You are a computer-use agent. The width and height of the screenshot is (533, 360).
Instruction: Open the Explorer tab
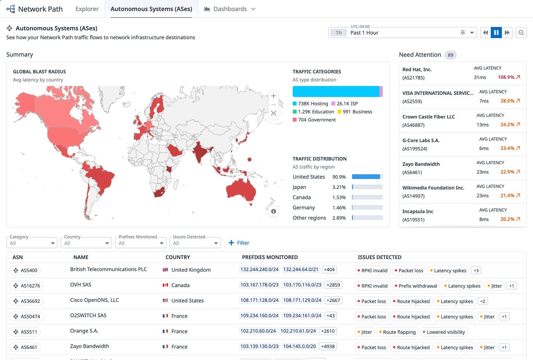pos(87,9)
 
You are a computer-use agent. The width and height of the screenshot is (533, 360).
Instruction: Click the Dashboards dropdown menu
pos(230,9)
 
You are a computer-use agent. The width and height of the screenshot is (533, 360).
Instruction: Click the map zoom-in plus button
pos(273,96)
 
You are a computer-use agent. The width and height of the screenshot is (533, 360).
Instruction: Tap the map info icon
pos(273,211)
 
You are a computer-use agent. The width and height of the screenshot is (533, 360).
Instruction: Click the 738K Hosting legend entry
pos(310,104)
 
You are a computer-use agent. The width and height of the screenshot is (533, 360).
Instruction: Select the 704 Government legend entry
pos(314,120)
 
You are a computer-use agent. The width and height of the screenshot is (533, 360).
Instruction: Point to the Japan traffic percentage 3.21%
pos(339,187)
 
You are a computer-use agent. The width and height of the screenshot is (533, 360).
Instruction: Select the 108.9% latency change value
pos(506,77)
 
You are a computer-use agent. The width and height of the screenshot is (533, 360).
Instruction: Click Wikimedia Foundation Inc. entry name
pos(433,187)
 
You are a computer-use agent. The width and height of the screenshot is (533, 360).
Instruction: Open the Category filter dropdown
pos(32,243)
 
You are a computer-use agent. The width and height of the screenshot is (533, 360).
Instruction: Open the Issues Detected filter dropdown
pos(195,243)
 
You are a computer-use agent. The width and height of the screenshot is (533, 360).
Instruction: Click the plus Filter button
pos(239,243)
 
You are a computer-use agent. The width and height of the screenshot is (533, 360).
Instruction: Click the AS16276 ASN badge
pos(26,285)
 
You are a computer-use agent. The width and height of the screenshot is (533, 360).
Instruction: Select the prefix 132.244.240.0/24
pos(259,269)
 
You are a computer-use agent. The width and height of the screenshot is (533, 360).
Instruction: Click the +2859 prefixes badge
pos(333,285)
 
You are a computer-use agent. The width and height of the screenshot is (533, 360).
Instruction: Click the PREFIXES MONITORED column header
pos(270,257)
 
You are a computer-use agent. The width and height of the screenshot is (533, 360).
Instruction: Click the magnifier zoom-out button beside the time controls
pos(521,33)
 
